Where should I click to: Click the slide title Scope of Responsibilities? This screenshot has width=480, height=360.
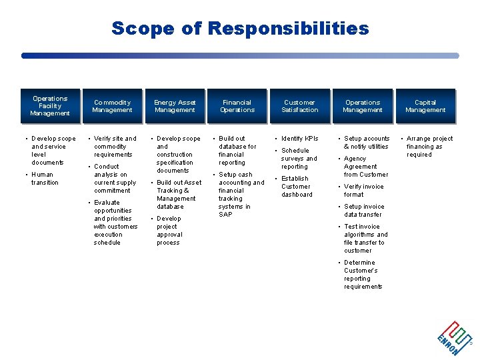coord(240,29)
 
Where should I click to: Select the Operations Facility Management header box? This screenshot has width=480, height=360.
coord(50,106)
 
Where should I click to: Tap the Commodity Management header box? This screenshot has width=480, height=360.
coord(112,106)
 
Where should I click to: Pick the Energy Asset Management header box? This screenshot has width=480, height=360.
coord(175,106)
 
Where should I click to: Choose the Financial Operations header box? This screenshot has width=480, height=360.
coord(237,106)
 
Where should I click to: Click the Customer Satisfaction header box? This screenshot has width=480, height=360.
coord(299,106)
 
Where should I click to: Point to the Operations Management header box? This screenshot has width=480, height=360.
coord(363,106)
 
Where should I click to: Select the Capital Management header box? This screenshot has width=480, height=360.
coord(425,106)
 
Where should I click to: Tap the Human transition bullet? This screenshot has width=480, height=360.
coord(45,179)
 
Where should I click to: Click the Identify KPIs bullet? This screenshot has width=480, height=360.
coord(299,139)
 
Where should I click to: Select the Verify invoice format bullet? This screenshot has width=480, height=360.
coord(363,191)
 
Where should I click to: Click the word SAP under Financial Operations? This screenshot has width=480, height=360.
coord(225,215)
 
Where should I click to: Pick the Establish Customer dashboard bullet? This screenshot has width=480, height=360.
coord(297,187)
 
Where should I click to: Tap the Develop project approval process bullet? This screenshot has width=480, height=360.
coord(169,231)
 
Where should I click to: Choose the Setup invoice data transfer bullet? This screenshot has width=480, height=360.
coord(363,211)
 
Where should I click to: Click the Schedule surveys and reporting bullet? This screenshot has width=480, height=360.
coord(299,159)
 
